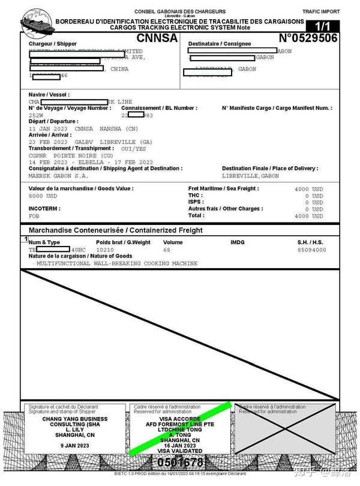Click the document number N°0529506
pyautogui.click(x=308, y=38)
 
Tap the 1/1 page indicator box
pyautogui.click(x=322, y=26)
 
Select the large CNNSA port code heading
pyautogui.click(x=157, y=38)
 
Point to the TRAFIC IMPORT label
pyautogui.click(x=321, y=11)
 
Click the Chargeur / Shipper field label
pyautogui.click(x=53, y=44)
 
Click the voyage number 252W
pyautogui.click(x=36, y=115)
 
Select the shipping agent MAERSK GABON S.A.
pyautogui.click(x=58, y=176)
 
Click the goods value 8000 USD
pyautogui.click(x=43, y=196)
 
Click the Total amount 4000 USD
pyautogui.click(x=309, y=216)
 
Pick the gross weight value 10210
pyautogui.click(x=105, y=250)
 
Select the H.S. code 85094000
pyautogui.click(x=312, y=250)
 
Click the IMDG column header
pyautogui.click(x=238, y=242)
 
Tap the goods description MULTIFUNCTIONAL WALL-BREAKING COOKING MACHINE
pyautogui.click(x=116, y=263)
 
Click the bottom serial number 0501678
pyautogui.click(x=181, y=463)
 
